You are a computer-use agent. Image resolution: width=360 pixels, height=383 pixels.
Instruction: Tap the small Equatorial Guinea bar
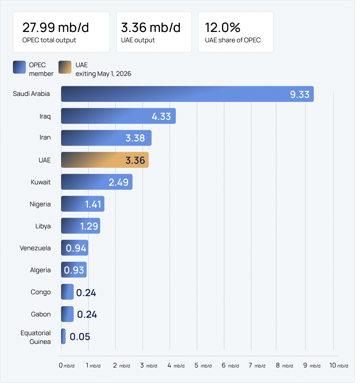[x=63, y=336]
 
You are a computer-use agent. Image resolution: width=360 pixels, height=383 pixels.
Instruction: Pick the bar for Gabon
[x=67, y=314]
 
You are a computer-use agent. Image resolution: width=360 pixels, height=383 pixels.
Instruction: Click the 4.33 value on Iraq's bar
[x=161, y=116]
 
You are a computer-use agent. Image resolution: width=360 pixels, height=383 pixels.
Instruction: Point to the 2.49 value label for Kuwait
[x=119, y=182]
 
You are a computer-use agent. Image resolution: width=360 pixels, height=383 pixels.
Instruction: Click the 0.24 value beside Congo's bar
[x=86, y=293]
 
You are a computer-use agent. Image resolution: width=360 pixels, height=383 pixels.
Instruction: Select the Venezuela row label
[x=35, y=248]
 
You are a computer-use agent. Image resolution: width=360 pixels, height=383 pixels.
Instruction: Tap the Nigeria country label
[x=40, y=204]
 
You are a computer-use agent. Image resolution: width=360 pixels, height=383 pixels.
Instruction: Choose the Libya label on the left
[x=43, y=226]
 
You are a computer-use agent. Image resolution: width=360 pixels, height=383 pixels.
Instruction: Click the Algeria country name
[x=40, y=270]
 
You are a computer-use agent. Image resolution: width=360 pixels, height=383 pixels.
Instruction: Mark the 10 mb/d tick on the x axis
[x=339, y=365]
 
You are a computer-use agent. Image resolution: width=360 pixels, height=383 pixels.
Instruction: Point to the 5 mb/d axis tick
[x=203, y=365]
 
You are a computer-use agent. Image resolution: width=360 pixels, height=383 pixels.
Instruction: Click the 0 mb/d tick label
[x=67, y=365]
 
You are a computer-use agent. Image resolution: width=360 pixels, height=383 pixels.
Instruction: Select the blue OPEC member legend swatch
[x=19, y=67]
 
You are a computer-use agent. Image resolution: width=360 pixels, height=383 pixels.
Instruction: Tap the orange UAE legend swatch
[x=65, y=67]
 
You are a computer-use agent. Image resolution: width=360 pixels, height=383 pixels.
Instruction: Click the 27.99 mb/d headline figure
[x=56, y=28]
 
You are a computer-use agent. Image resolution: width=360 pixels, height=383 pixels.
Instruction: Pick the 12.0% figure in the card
[x=223, y=28]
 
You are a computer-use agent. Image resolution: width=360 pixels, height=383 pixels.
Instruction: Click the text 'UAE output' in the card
[x=138, y=40]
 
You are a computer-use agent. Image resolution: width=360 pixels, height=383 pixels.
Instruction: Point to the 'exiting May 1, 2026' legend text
[x=103, y=74]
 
